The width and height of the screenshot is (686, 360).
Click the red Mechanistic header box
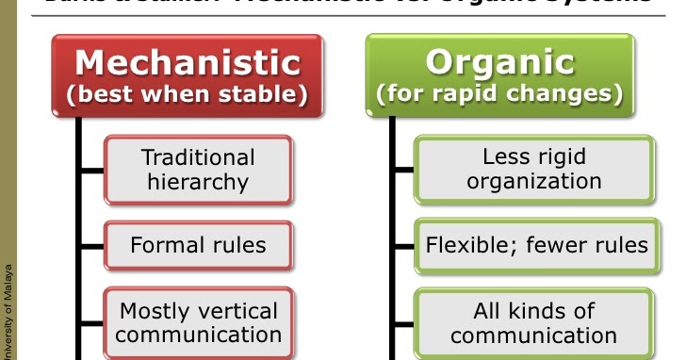pos(188,75)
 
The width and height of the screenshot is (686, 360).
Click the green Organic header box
pos(500,75)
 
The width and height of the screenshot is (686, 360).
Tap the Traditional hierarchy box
pos(198,170)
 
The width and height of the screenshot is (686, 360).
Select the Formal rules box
pos(198,246)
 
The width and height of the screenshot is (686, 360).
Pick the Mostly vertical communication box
pos(198,322)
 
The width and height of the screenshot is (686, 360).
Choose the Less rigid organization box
pos(533,170)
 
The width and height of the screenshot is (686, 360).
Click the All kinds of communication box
pos(533,322)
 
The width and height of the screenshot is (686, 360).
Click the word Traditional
pos(198,157)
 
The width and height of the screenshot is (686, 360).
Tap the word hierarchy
pos(198,182)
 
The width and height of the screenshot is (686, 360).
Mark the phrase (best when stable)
pos(188,95)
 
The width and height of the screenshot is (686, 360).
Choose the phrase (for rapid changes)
pos(500,95)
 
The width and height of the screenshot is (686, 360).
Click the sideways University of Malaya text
pos(8,302)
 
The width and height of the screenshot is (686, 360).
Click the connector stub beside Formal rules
pos(92,246)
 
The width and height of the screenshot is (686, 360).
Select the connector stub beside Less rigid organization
pos(403,170)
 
